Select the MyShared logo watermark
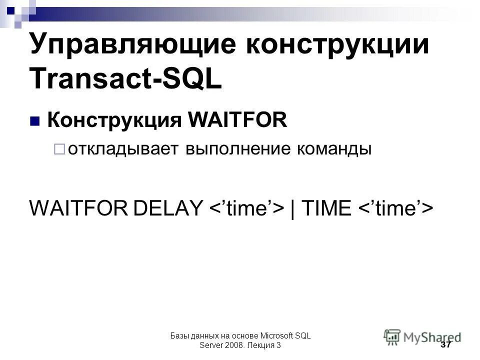(x=423, y=336)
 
